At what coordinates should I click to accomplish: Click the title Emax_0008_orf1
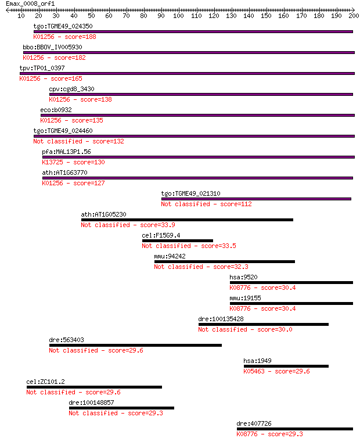(x=30, y=3)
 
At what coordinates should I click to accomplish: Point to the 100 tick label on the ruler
(x=178, y=16)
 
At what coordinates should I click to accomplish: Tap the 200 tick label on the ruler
(x=354, y=16)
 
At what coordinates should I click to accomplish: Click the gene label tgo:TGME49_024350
(x=63, y=26)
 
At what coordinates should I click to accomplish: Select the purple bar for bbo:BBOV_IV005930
(x=189, y=52)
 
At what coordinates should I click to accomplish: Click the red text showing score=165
(x=67, y=78)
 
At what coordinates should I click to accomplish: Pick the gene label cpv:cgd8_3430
(x=71, y=89)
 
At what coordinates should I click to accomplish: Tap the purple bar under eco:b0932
(x=197, y=116)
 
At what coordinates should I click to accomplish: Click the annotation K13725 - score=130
(x=73, y=162)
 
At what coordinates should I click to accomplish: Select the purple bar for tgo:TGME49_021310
(x=256, y=199)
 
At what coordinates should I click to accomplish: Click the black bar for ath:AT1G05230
(x=187, y=220)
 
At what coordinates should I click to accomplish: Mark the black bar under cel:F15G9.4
(x=178, y=240)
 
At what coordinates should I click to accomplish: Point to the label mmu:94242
(x=170, y=256)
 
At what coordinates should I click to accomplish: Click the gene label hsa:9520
(x=243, y=277)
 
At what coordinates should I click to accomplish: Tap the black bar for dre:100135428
(x=264, y=325)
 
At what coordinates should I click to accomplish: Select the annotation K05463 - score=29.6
(x=276, y=371)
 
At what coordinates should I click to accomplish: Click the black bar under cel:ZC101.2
(x=95, y=387)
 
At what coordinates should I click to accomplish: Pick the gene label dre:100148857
(x=91, y=403)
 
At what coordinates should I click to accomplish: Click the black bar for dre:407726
(x=295, y=429)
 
